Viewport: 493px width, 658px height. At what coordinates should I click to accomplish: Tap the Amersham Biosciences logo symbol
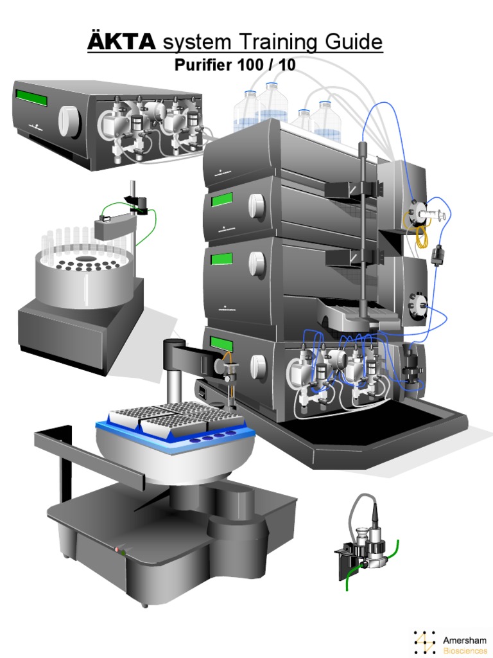pos(424,643)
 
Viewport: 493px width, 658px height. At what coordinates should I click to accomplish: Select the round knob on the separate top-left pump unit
pos(67,118)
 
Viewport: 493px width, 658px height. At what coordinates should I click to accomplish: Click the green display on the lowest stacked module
pos(221,345)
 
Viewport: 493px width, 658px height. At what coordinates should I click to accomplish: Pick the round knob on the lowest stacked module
pos(258,366)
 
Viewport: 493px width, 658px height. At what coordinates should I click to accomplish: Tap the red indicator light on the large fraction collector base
pos(117,549)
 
